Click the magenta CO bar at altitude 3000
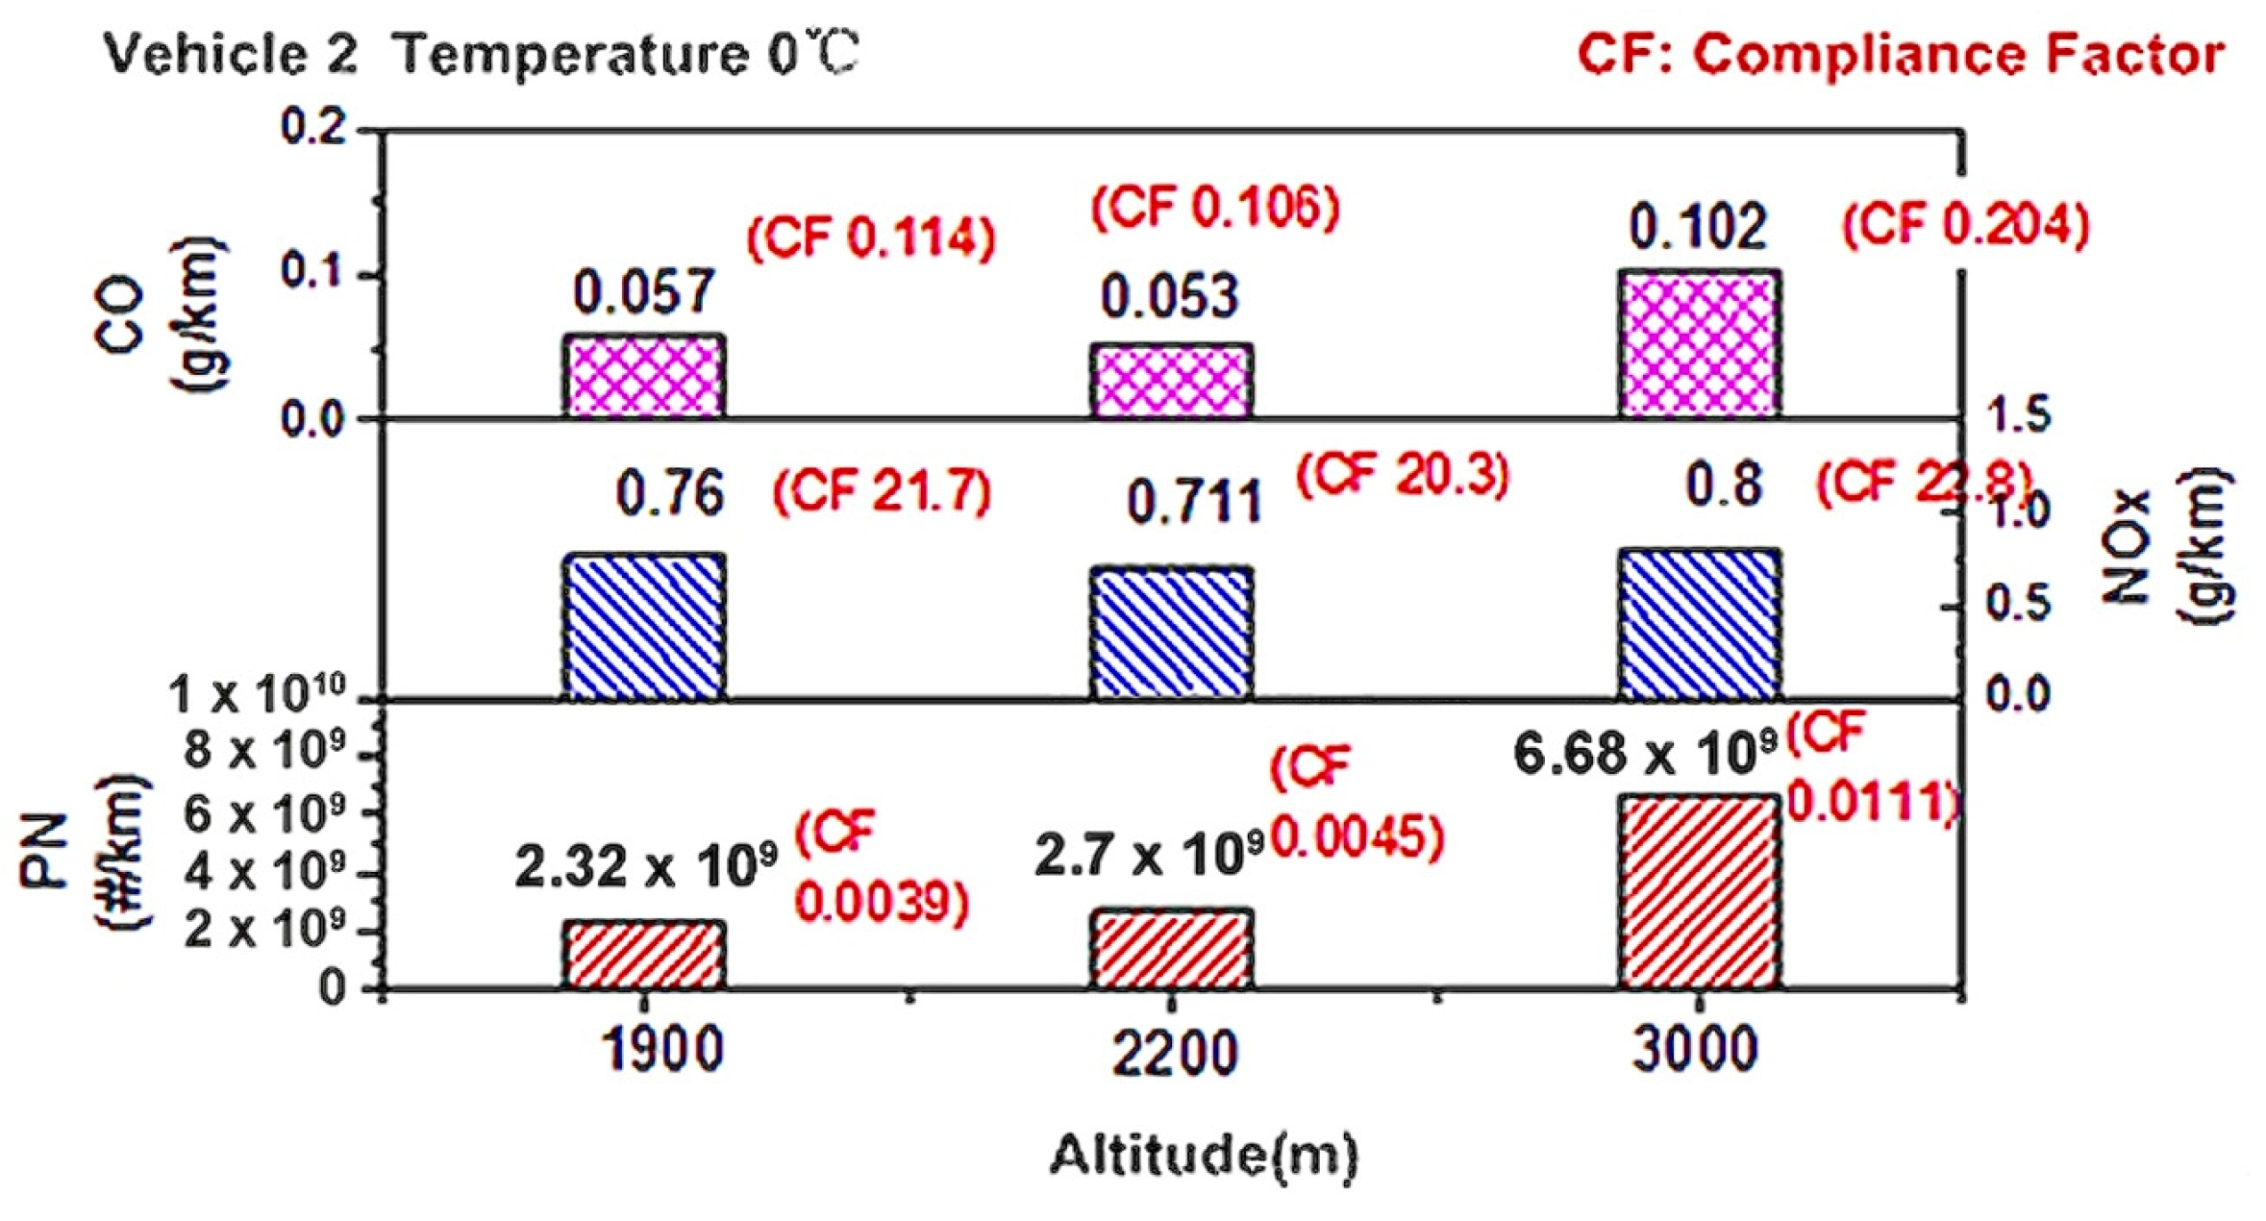pos(1699,344)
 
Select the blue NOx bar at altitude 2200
pos(1171,633)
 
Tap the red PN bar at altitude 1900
pos(643,955)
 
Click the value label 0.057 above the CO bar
pos(644,291)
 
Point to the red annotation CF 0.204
pos(1965,226)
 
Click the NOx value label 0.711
pos(1193,502)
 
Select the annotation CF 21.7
pos(882,491)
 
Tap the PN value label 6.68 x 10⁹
pos(1645,753)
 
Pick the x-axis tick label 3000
pos(1696,1049)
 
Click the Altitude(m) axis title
pos(1204,1155)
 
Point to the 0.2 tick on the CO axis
pos(313,127)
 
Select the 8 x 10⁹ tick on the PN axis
pos(264,749)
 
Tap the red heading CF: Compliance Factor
pos(1901,55)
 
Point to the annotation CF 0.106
pos(1215,207)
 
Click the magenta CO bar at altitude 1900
pos(643,376)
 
